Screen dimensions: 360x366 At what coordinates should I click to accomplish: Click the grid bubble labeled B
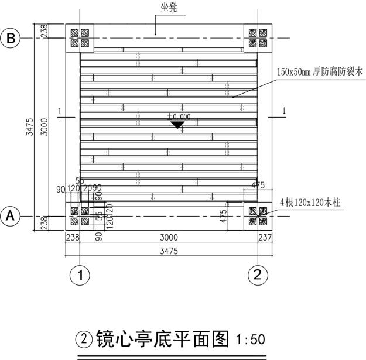11,38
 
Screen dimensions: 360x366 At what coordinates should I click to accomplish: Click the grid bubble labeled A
11,215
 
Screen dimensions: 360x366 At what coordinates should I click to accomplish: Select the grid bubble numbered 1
80,274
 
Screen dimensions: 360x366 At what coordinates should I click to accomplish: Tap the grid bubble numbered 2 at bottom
257,274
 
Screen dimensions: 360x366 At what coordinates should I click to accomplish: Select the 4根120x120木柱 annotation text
310,203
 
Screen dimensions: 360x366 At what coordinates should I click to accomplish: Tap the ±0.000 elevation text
178,117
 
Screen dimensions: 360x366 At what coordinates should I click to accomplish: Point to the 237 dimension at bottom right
265,237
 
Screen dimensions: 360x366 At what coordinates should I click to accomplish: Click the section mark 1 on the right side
283,111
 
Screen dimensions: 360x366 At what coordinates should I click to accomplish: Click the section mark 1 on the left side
60,111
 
